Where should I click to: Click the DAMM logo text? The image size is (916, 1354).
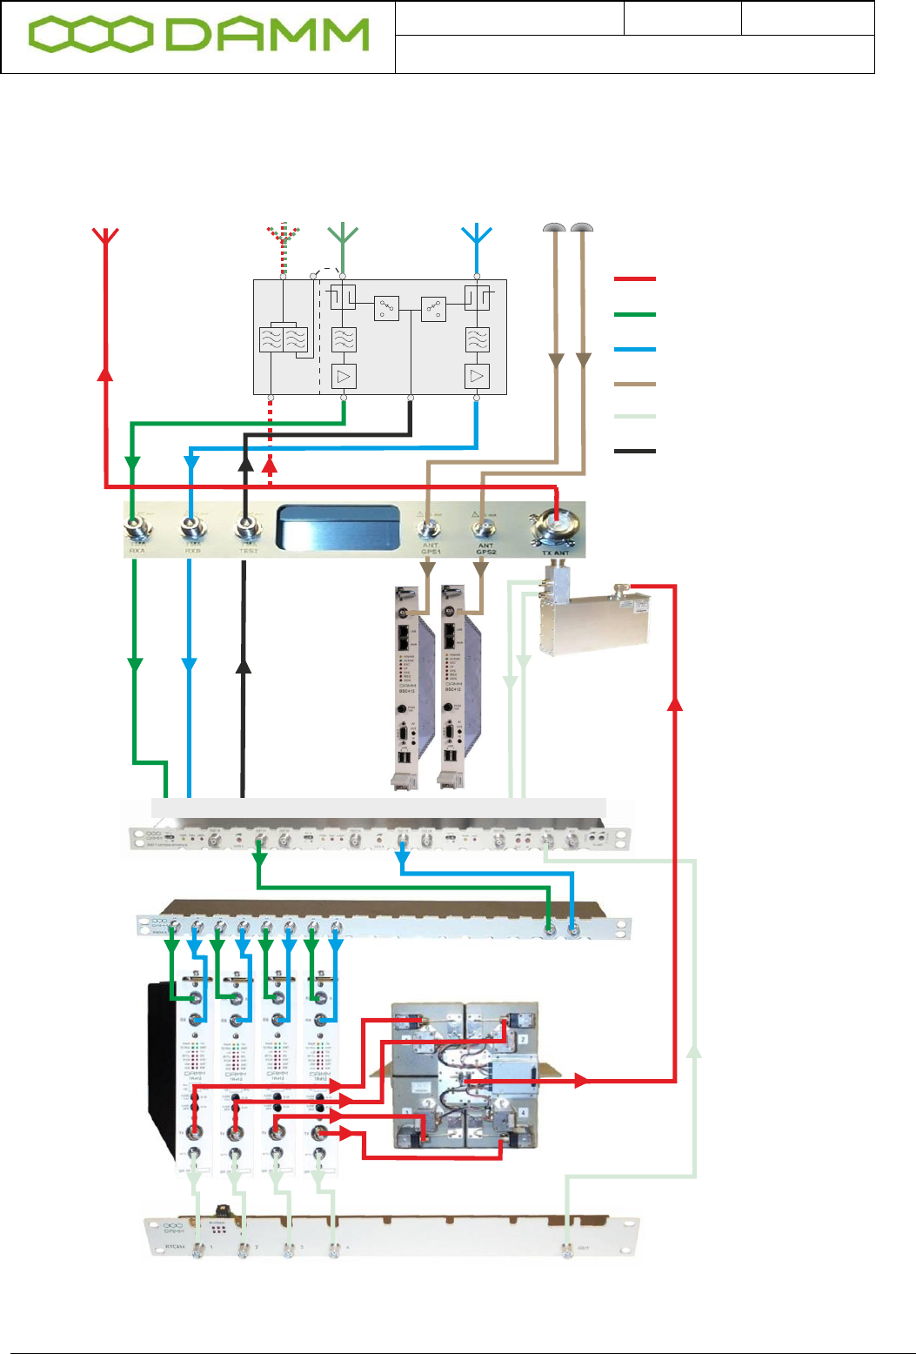tap(265, 36)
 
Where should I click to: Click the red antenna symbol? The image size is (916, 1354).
tap(105, 236)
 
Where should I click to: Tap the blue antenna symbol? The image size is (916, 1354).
tap(477, 236)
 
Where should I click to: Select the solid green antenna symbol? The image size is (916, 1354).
tap(344, 234)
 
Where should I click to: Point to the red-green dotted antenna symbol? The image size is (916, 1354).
tap(283, 236)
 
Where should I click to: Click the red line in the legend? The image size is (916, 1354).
tap(634, 279)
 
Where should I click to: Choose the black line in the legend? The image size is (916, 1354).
tap(634, 451)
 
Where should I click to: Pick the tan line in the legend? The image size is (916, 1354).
tap(634, 383)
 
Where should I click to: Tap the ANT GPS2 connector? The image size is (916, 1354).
tap(484, 528)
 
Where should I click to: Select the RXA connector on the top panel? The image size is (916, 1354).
tap(137, 529)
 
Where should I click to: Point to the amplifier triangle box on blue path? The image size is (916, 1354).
tap(477, 376)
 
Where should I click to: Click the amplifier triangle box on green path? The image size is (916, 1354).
tap(344, 376)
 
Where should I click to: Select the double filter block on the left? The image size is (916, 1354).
tap(284, 339)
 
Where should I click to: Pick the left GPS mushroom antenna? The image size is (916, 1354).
tap(554, 229)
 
